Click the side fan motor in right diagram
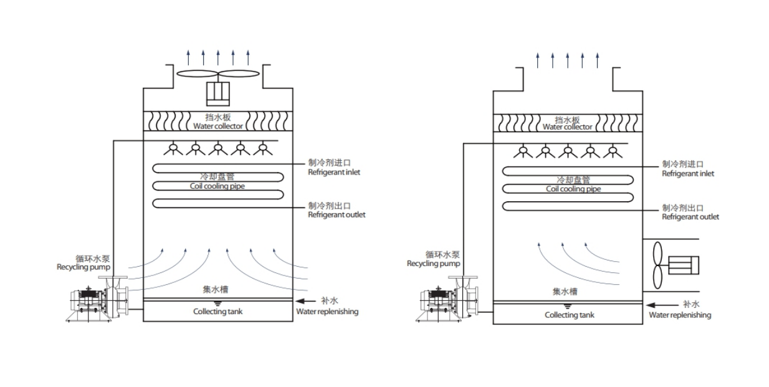pos(683,265)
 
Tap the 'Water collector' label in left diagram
pos(217,127)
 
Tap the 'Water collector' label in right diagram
pos(567,127)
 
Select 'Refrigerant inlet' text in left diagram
pos(333,173)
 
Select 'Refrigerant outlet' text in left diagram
pos(337,215)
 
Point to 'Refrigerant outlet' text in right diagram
pos(690,217)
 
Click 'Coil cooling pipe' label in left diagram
pos(217,186)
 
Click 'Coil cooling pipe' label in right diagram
pos(573,189)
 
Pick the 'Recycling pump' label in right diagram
pos(433,264)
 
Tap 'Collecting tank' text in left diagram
pos(217,312)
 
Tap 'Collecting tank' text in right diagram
pos(569,315)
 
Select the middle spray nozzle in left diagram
pos(217,149)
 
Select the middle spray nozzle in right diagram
pos(568,150)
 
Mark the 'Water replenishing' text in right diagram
pos(679,315)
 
